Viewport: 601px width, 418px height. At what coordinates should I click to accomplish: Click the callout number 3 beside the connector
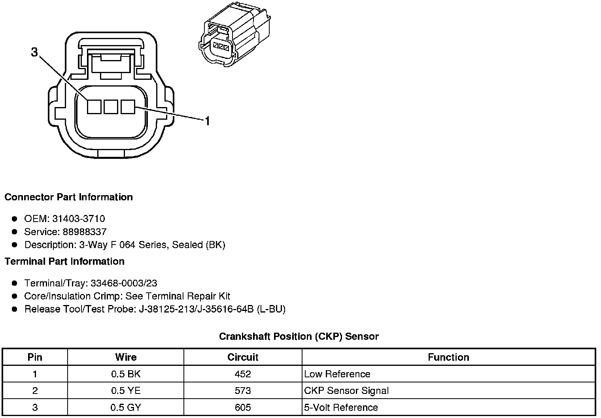(x=35, y=52)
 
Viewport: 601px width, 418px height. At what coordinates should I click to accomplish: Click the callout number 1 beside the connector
(x=207, y=121)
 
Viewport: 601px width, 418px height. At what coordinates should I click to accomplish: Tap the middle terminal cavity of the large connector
(x=111, y=107)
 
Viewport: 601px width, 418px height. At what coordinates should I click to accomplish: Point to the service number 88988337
(x=85, y=232)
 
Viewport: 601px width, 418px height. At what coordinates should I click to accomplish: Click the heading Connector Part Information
(x=68, y=197)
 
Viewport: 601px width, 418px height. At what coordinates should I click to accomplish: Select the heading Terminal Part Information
(x=64, y=262)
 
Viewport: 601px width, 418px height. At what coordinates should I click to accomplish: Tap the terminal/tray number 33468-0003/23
(x=124, y=283)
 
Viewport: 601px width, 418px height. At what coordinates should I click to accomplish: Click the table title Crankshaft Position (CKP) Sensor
(x=299, y=337)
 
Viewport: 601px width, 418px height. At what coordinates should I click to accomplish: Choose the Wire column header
(x=126, y=357)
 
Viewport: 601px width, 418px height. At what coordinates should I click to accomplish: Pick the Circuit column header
(x=243, y=357)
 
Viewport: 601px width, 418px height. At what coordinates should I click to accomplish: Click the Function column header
(x=448, y=357)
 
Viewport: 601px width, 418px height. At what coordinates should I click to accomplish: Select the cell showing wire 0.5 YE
(x=126, y=391)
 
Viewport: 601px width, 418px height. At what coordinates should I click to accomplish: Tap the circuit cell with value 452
(x=243, y=374)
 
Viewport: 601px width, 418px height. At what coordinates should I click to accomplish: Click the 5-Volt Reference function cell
(x=341, y=407)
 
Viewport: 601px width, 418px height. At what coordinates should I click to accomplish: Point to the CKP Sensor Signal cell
(x=346, y=391)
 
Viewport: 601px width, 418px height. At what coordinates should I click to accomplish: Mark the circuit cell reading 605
(x=243, y=407)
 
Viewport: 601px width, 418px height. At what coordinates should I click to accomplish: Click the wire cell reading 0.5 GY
(x=126, y=407)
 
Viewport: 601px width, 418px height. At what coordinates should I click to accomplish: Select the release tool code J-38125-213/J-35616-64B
(x=196, y=309)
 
